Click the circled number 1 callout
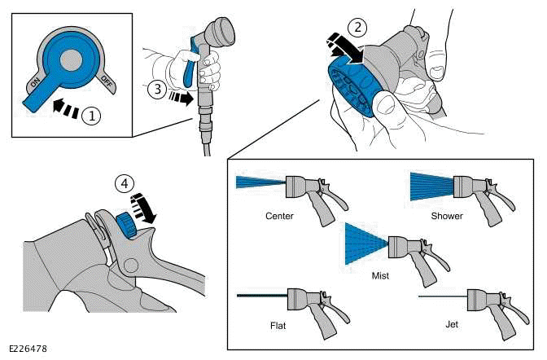tap(93, 116)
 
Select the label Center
tap(279, 217)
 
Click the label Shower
tap(446, 217)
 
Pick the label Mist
tap(379, 275)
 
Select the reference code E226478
tap(28, 349)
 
